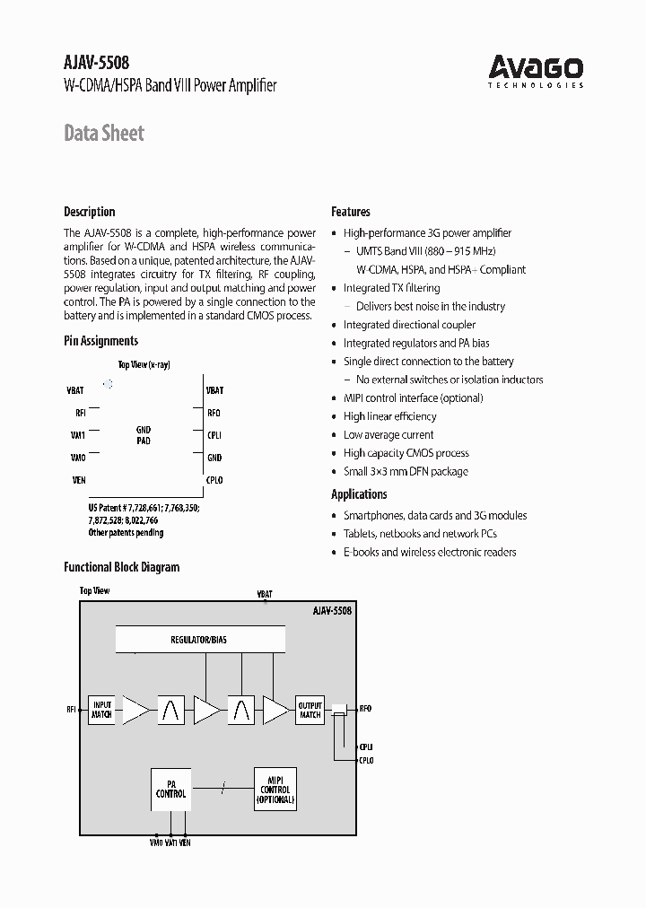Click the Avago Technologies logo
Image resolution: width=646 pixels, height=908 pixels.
pos(536,69)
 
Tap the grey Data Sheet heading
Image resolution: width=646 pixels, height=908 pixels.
pos(104,134)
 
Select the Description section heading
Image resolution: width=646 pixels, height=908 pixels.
pos(90,212)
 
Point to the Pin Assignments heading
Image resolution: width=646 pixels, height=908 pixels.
pos(100,341)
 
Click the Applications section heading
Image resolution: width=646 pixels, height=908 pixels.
pos(359,494)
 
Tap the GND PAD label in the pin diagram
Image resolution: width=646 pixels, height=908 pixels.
pos(144,435)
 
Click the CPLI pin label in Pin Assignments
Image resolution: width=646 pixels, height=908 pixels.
pos(214,435)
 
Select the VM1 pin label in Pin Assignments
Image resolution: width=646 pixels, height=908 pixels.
pos(78,435)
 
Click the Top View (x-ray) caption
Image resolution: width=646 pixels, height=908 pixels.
pos(144,364)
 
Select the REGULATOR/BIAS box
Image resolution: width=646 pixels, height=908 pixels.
pos(200,640)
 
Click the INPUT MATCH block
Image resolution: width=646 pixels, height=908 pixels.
pos(102,710)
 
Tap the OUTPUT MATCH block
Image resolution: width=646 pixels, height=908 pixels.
pos(310,710)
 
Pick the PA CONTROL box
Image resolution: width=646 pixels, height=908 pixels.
pos(170,789)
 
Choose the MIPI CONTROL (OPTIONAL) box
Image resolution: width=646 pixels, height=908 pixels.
pos(275,789)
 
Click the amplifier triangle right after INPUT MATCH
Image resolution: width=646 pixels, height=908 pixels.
pos(135,710)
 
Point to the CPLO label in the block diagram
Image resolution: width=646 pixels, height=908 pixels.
pos(366,761)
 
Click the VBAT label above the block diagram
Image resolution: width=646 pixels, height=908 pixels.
pos(265,594)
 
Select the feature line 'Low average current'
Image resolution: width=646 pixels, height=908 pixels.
pos(388,435)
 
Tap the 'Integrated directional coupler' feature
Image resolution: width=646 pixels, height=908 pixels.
pos(409,325)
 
